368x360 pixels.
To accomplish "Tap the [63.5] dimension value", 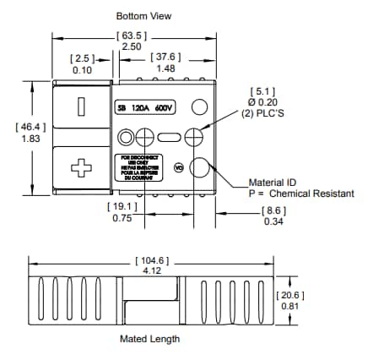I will tap(133, 35).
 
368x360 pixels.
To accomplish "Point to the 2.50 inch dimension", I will tap(133, 46).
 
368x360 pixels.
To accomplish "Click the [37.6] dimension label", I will tap(165, 57).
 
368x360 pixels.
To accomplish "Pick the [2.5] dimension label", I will tap(83, 57).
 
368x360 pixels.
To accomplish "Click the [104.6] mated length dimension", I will tap(150, 260).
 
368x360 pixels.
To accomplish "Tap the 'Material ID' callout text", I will tap(273, 182).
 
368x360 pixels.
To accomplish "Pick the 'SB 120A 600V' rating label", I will tap(147, 108).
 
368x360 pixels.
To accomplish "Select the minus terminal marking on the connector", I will tap(81, 106).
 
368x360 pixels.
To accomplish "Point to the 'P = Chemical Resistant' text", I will tap(295, 194).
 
